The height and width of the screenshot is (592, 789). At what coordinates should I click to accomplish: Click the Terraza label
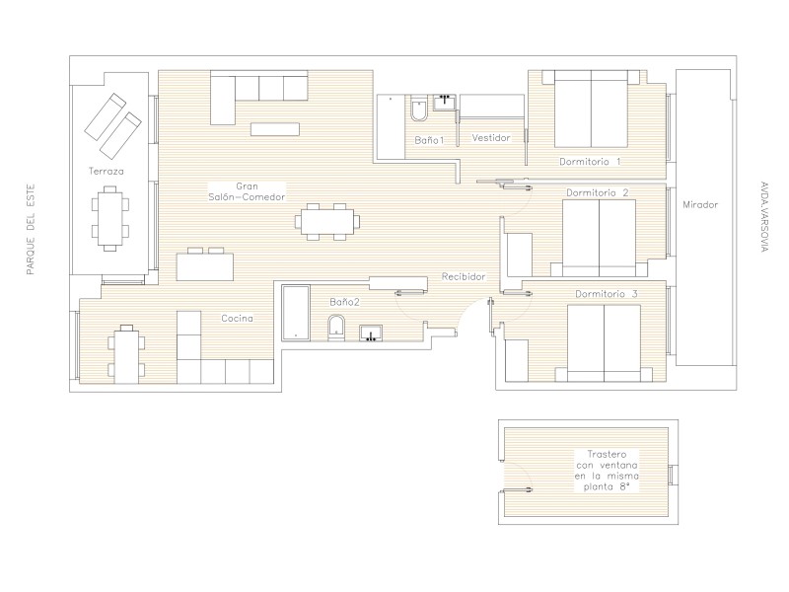pos(107,171)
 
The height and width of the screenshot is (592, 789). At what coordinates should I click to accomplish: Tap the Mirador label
pos(700,205)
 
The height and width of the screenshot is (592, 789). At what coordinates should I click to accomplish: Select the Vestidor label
pos(491,137)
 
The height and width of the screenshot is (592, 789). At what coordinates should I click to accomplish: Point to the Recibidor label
pos(464,276)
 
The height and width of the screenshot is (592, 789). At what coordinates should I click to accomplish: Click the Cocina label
pos(237,318)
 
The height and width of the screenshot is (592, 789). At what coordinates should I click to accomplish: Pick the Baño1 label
pos(429,140)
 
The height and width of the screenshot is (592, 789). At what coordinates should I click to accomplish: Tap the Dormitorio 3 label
pos(607,293)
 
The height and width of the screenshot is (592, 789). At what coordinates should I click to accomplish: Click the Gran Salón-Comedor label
pos(247,191)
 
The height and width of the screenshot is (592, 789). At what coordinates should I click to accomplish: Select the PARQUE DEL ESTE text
pos(31,230)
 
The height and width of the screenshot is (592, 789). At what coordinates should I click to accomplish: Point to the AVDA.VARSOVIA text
pos(764,216)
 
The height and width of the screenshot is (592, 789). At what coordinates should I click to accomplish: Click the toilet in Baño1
pos(418,109)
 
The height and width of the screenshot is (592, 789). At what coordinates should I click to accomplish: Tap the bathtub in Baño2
pos(295,313)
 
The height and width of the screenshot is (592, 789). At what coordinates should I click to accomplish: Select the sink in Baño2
pos(371,333)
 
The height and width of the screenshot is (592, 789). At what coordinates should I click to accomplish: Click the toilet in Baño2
pos(335,329)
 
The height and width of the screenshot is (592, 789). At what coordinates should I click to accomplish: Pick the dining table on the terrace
pos(109,218)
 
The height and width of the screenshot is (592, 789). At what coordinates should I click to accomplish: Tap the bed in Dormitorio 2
pos(599,238)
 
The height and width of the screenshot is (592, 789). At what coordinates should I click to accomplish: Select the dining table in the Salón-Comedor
pos(327,222)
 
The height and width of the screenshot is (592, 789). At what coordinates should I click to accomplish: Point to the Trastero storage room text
pos(607,471)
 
